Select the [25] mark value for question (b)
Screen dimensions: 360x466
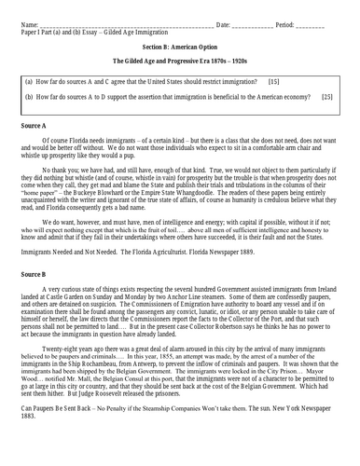point(326,97)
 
